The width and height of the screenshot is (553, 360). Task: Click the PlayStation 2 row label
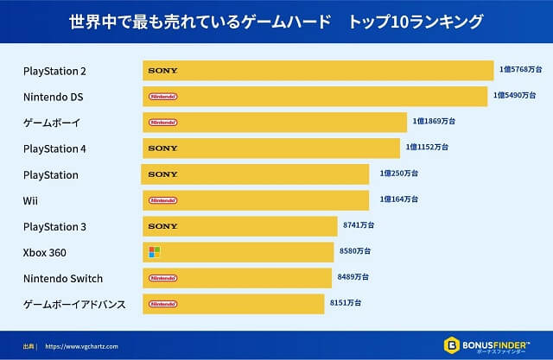click(x=54, y=71)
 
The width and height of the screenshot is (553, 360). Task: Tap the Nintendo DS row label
click(x=53, y=97)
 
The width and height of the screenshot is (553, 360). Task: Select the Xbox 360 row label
click(x=45, y=252)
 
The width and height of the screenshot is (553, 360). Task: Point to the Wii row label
click(x=30, y=200)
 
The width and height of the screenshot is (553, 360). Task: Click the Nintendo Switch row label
click(x=63, y=278)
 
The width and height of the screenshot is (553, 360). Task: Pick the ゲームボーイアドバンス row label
click(x=74, y=304)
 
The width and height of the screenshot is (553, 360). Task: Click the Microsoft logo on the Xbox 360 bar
click(x=155, y=252)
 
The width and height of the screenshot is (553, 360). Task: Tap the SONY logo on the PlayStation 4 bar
click(x=162, y=148)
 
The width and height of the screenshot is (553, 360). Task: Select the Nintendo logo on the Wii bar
click(x=162, y=200)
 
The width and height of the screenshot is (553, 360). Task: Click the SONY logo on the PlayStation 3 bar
click(x=162, y=226)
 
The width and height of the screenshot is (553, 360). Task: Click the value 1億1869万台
click(x=434, y=121)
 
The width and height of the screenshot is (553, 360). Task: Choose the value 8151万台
click(x=346, y=302)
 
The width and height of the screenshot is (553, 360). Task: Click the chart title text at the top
click(x=276, y=19)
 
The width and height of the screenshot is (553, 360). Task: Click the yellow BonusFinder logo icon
click(x=451, y=344)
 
